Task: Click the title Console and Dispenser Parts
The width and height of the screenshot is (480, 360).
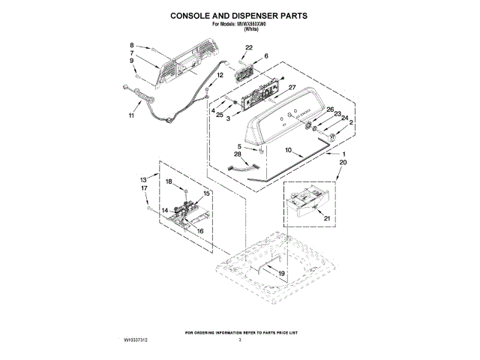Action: pos(239,14)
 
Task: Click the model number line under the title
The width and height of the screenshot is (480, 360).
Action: pos(239,25)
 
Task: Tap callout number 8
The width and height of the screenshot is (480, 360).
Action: pos(132,45)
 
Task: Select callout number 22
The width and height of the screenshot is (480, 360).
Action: pos(249,48)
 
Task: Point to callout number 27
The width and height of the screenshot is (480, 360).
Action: pos(292,88)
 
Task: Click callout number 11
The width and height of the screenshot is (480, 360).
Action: pos(131,115)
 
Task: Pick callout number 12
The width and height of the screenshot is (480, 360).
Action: pos(220,75)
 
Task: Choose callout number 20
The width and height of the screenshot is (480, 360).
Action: pos(343,161)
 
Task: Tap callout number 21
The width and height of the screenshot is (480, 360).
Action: pos(327,218)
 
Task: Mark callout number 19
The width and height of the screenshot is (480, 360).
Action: pos(281,274)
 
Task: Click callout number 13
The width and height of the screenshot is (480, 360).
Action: pos(143,180)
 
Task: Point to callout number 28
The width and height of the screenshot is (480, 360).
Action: pos(237,154)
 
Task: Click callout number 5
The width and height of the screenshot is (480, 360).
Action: pos(240,146)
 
